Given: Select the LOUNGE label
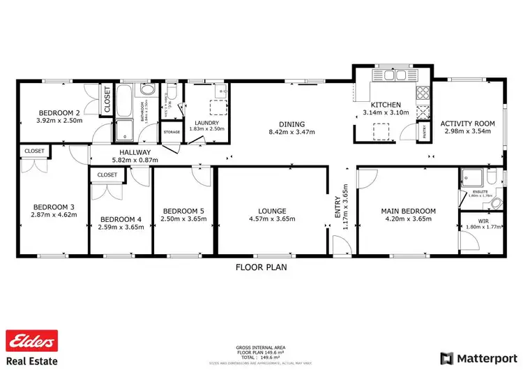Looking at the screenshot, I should click(x=272, y=210).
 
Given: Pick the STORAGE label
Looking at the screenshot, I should click(x=172, y=131).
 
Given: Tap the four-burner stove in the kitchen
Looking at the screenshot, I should click(x=423, y=94).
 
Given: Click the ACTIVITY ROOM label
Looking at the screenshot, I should click(x=467, y=124).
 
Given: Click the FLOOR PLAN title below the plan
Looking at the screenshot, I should click(x=261, y=267).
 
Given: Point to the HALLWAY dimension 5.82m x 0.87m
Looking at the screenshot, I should click(x=135, y=160).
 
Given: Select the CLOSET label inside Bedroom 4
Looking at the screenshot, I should click(x=107, y=175).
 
